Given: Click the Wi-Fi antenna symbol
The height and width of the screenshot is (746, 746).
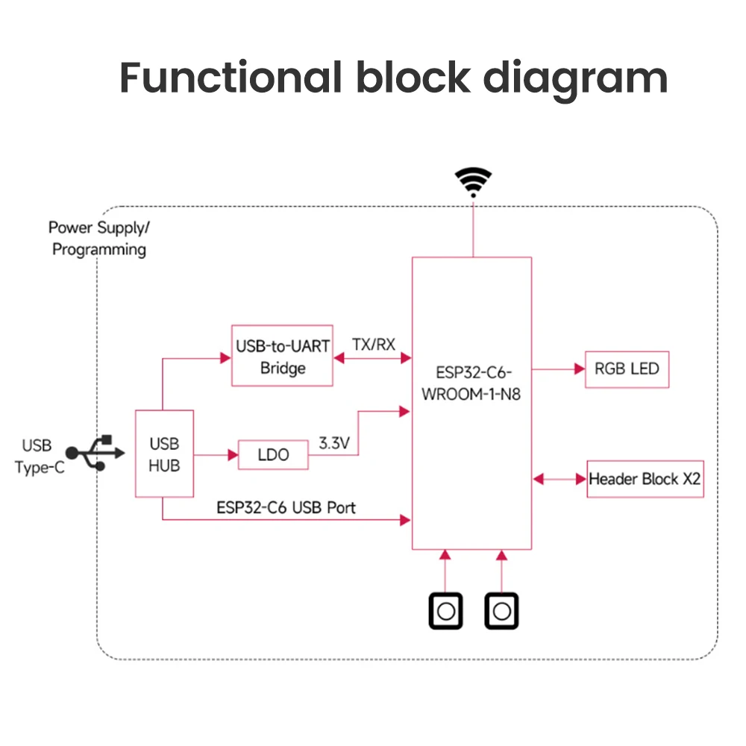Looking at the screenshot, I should pyautogui.click(x=473, y=181).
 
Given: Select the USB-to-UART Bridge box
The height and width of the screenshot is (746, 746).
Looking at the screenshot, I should pyautogui.click(x=282, y=356).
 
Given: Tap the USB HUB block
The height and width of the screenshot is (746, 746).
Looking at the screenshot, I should pyautogui.click(x=164, y=453).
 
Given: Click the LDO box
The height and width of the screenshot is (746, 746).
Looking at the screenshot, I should pyautogui.click(x=273, y=455).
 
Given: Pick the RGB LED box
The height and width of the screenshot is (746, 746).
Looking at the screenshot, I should pyautogui.click(x=627, y=369).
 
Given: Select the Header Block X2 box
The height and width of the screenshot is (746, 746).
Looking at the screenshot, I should pyautogui.click(x=645, y=479).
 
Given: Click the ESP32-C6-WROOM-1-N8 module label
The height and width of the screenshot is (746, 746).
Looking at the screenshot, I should pyautogui.click(x=471, y=383).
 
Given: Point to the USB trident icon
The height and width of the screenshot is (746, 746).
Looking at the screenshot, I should pyautogui.click(x=95, y=452).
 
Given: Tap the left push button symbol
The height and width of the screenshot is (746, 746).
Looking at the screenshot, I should pyautogui.click(x=445, y=612).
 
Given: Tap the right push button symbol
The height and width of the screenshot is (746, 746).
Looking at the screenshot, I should pyautogui.click(x=501, y=612).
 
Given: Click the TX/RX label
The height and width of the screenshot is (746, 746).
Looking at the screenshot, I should pyautogui.click(x=373, y=345).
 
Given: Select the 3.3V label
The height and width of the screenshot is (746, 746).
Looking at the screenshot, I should pyautogui.click(x=334, y=442).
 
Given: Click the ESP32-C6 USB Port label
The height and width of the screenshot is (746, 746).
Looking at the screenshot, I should pyautogui.click(x=286, y=508).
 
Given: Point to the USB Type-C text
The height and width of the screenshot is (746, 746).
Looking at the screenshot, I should pyautogui.click(x=37, y=456).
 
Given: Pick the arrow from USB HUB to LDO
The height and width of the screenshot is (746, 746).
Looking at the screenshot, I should pyautogui.click(x=216, y=454).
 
